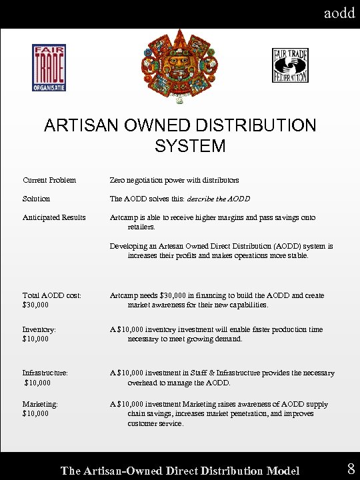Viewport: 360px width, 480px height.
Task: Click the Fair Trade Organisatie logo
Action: [49, 67]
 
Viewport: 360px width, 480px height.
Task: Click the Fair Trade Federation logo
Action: [290, 65]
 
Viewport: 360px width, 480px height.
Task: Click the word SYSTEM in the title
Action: [190, 145]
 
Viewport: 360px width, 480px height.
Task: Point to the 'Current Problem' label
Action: [49, 180]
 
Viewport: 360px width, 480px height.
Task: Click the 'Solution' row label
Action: [36, 199]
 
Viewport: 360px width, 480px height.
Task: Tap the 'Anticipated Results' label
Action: [54, 217]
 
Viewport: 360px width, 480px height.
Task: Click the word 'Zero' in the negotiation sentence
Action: [119, 180]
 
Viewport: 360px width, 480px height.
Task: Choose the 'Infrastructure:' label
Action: [45, 373]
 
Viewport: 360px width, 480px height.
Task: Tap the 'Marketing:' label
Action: [41, 404]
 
